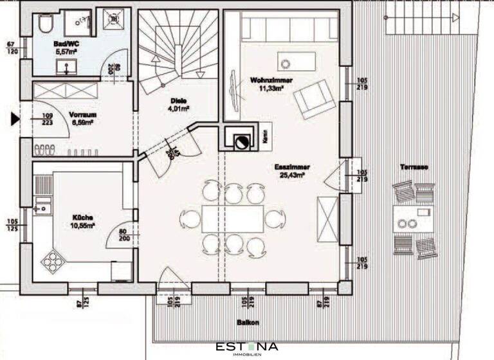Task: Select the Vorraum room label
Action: click(82, 114)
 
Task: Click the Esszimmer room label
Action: click(289, 166)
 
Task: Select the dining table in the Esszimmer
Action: click(233, 219)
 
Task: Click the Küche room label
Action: click(84, 217)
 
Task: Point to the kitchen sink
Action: click(43, 208)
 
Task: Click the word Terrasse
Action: click(414, 167)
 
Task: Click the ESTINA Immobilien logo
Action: click(247, 348)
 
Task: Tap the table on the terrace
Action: click(411, 219)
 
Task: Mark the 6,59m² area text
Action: click(82, 122)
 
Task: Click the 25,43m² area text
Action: click(289, 174)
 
